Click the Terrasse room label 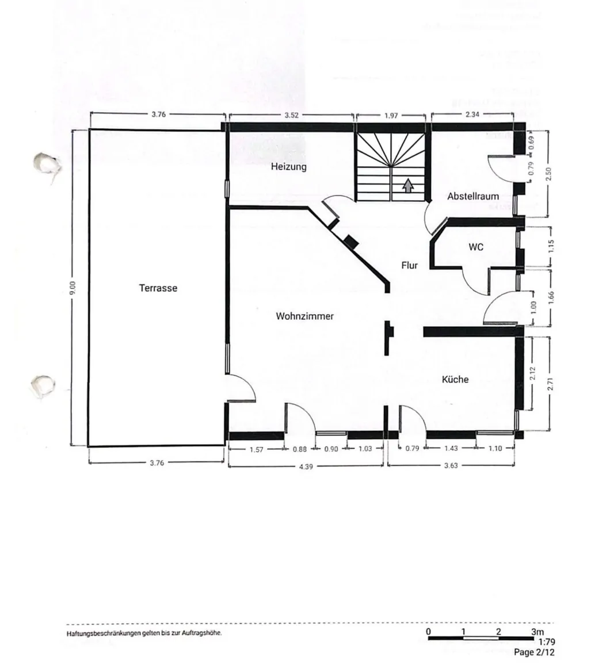[x=158, y=288]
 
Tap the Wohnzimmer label [x=304, y=316]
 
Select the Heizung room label [x=289, y=167]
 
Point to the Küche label [x=455, y=379]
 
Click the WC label [x=476, y=247]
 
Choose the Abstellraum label [x=473, y=196]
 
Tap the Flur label [x=409, y=265]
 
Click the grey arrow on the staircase [x=408, y=185]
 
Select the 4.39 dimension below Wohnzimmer [x=306, y=466]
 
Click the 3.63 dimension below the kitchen [x=451, y=466]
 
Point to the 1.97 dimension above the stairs [x=391, y=116]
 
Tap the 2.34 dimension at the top [x=471, y=114]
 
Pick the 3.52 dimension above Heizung [x=292, y=114]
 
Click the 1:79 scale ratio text [x=547, y=642]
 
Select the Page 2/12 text [x=535, y=652]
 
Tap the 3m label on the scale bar [x=537, y=632]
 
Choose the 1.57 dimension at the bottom [x=256, y=450]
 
